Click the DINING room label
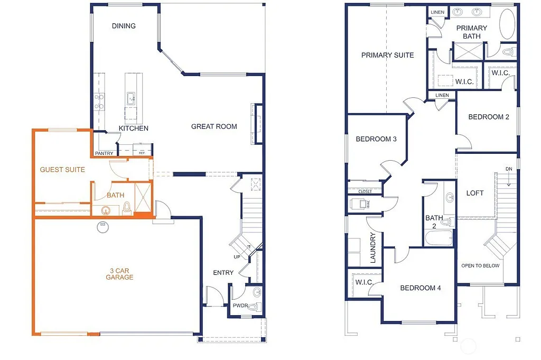click(124, 26)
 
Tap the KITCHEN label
click(133, 128)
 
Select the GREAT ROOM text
click(214, 126)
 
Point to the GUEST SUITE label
click(62, 170)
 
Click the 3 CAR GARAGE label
click(119, 274)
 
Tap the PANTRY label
click(104, 153)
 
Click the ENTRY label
click(223, 273)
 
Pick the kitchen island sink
click(130, 98)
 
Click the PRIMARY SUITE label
click(387, 55)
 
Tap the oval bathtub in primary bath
click(507, 24)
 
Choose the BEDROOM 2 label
click(489, 117)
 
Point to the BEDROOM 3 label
click(376, 140)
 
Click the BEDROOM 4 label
click(420, 288)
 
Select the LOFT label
click(474, 193)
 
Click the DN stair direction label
click(509, 169)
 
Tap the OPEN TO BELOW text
click(480, 265)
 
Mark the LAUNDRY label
click(372, 248)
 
